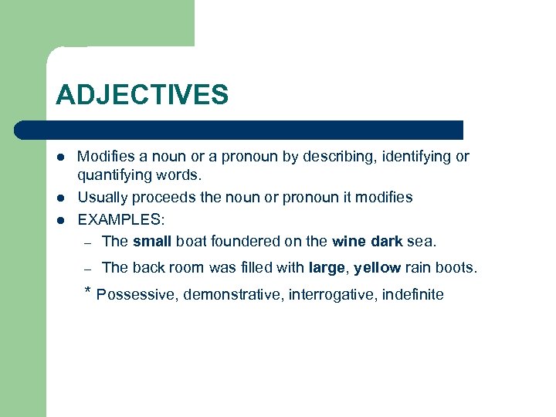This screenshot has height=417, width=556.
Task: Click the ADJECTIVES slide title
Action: pos(142,96)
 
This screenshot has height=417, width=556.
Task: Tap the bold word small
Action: pos(152,241)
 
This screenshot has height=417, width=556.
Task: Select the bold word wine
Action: pos(347,241)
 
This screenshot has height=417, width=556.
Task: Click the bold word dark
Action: pos(385,241)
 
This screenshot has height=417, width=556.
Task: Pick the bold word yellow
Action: pos(377,268)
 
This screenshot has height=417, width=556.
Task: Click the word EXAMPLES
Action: pos(121,219)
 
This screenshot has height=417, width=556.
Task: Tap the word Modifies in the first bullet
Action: pos(107,157)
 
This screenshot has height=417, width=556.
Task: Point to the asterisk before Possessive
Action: pos(87,292)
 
